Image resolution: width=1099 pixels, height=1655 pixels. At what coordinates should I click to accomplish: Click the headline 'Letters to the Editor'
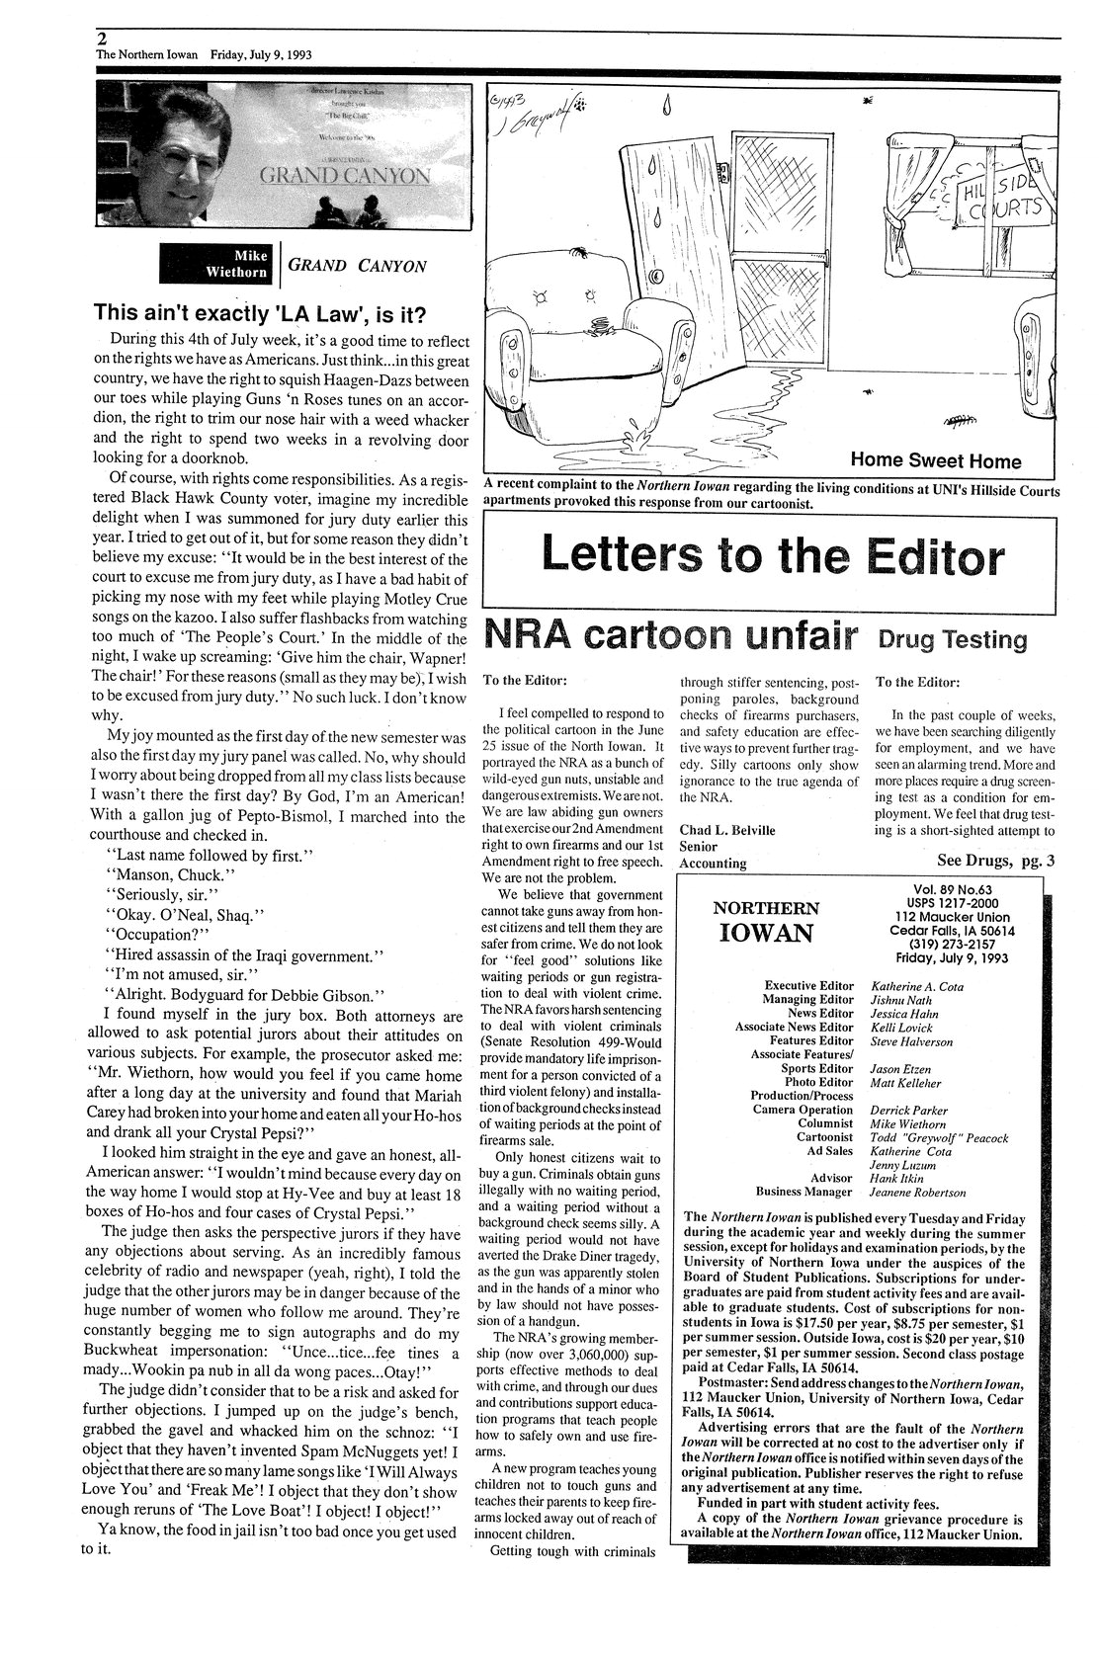tap(773, 557)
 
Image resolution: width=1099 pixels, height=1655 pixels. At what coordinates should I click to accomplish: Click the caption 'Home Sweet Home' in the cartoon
tap(935, 460)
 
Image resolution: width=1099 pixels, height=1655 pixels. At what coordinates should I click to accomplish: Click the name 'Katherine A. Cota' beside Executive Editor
tap(916, 985)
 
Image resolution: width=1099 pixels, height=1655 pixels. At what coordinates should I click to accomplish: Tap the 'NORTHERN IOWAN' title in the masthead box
tap(766, 920)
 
